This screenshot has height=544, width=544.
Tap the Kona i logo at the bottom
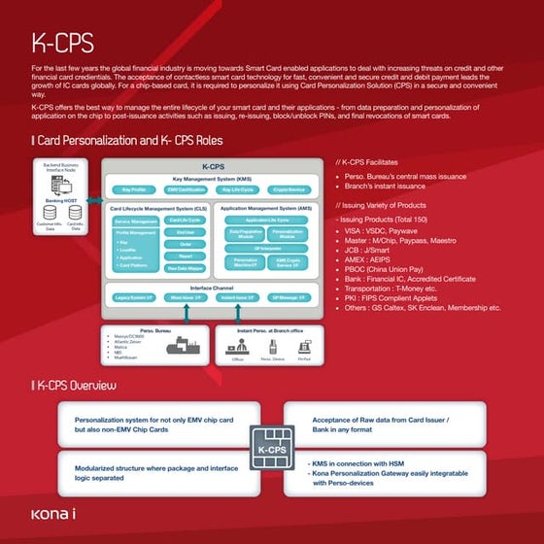[53, 513]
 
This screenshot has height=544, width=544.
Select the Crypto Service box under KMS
[289, 190]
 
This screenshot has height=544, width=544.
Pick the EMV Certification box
[184, 190]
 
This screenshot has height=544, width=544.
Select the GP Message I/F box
[289, 297]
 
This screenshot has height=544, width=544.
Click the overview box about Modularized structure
[155, 473]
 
